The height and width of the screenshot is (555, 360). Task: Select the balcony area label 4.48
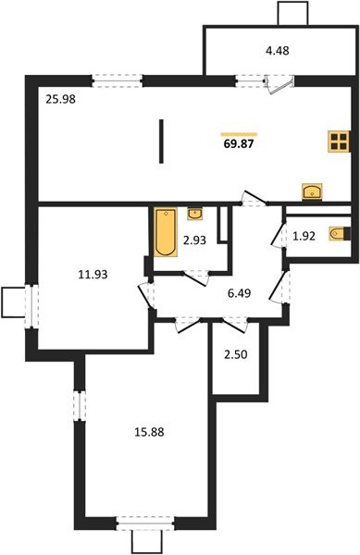(278, 51)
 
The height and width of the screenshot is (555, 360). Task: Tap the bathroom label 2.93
(193, 240)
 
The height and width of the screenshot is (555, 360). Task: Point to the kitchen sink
(312, 191)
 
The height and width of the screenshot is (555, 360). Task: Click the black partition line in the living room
(161, 142)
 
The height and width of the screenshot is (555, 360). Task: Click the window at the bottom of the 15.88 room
(145, 524)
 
